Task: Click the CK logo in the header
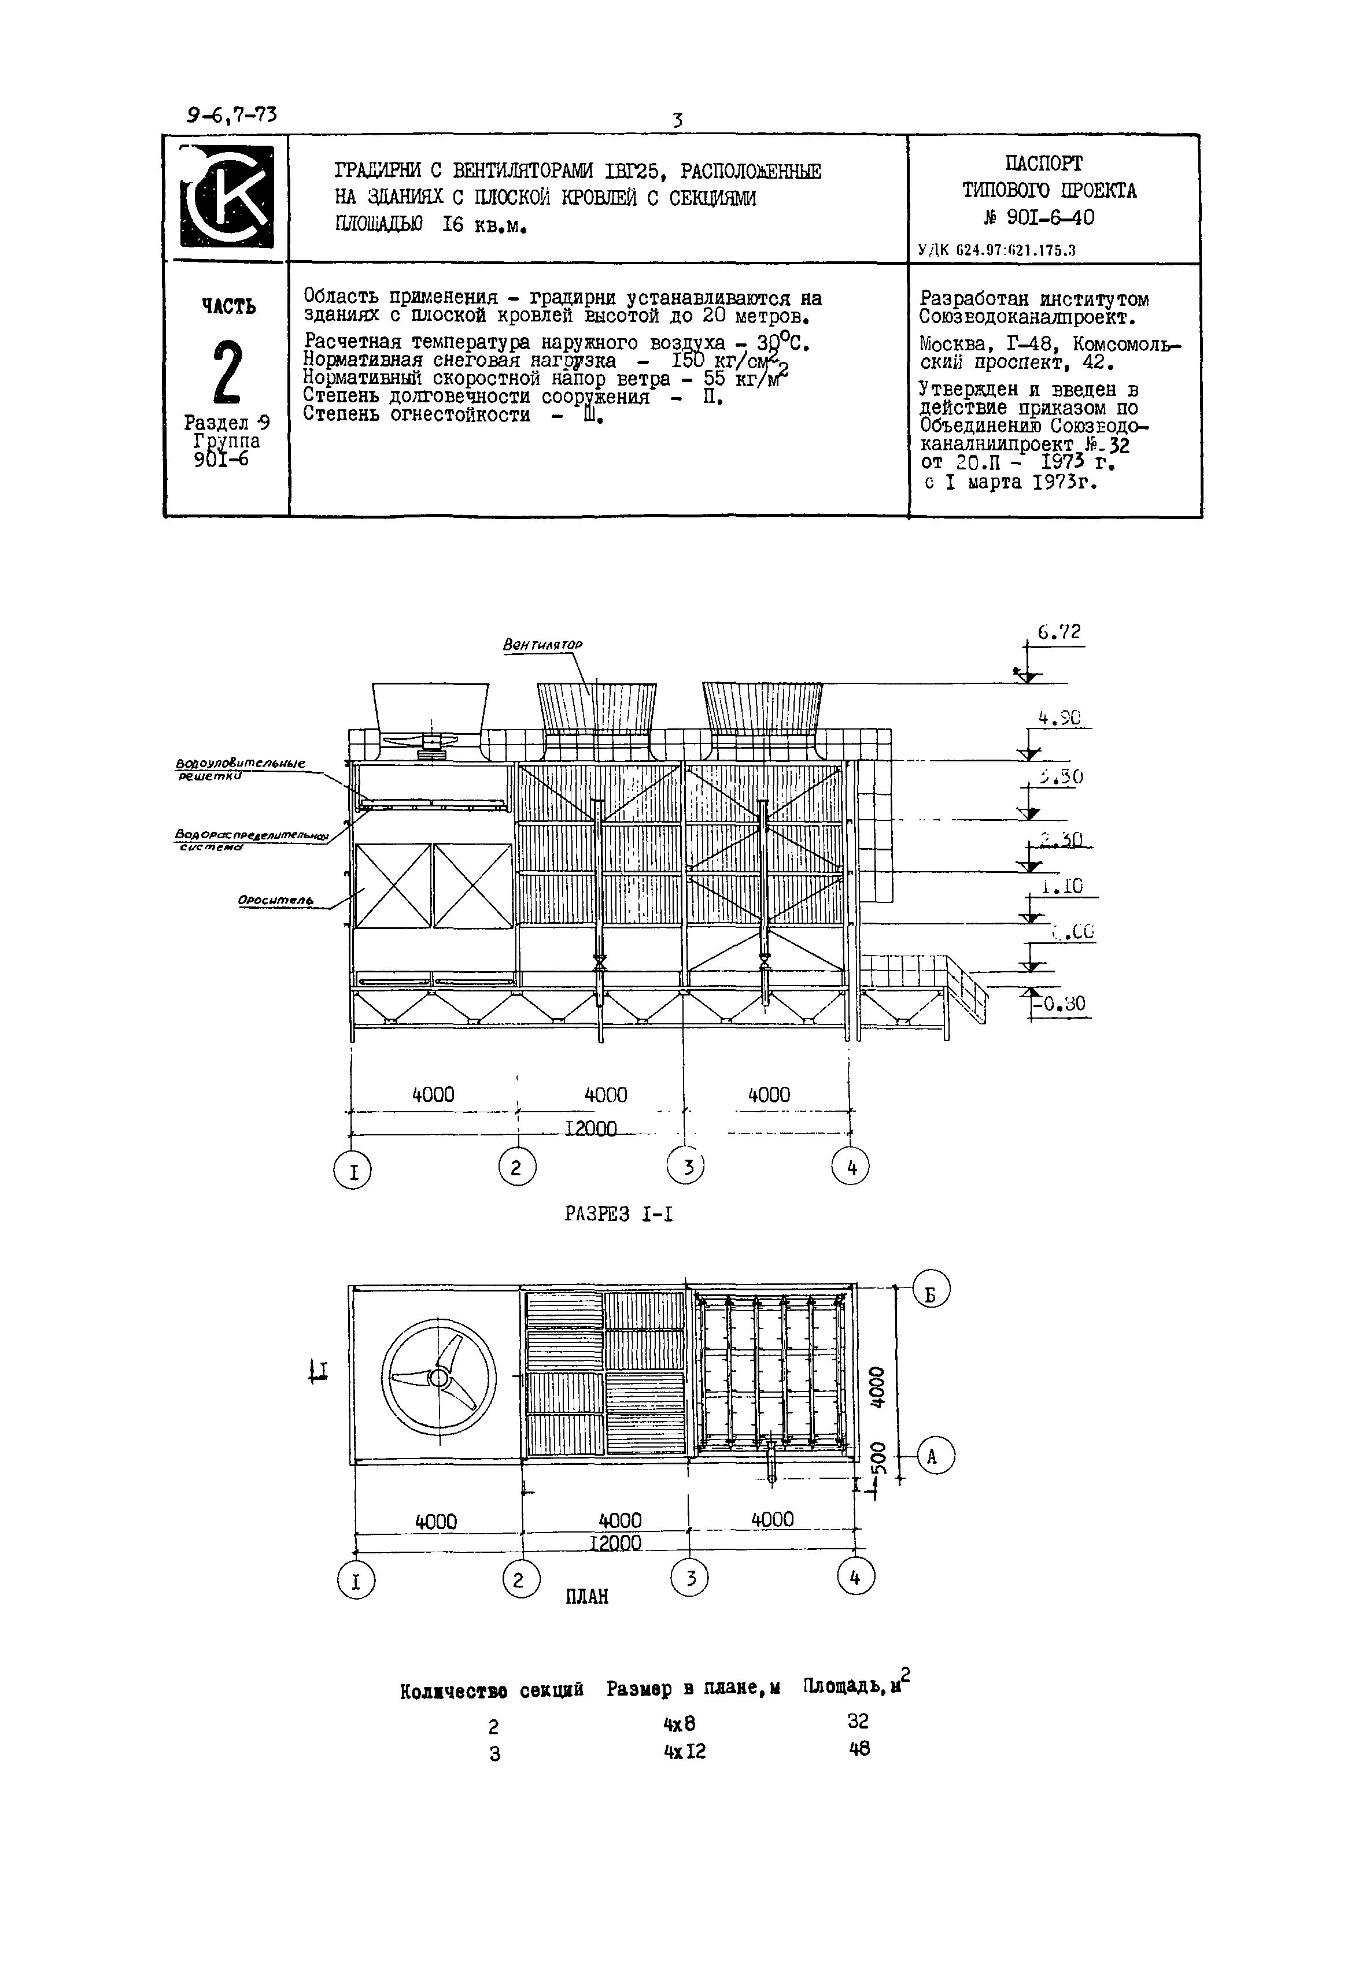[x=227, y=196]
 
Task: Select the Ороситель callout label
[x=276, y=901]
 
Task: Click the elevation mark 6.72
[x=1059, y=632]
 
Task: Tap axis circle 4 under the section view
[x=851, y=1166]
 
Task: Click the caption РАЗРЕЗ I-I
[x=618, y=1213]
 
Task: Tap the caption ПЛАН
[x=587, y=1597]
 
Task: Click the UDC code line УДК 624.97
[x=996, y=250]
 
